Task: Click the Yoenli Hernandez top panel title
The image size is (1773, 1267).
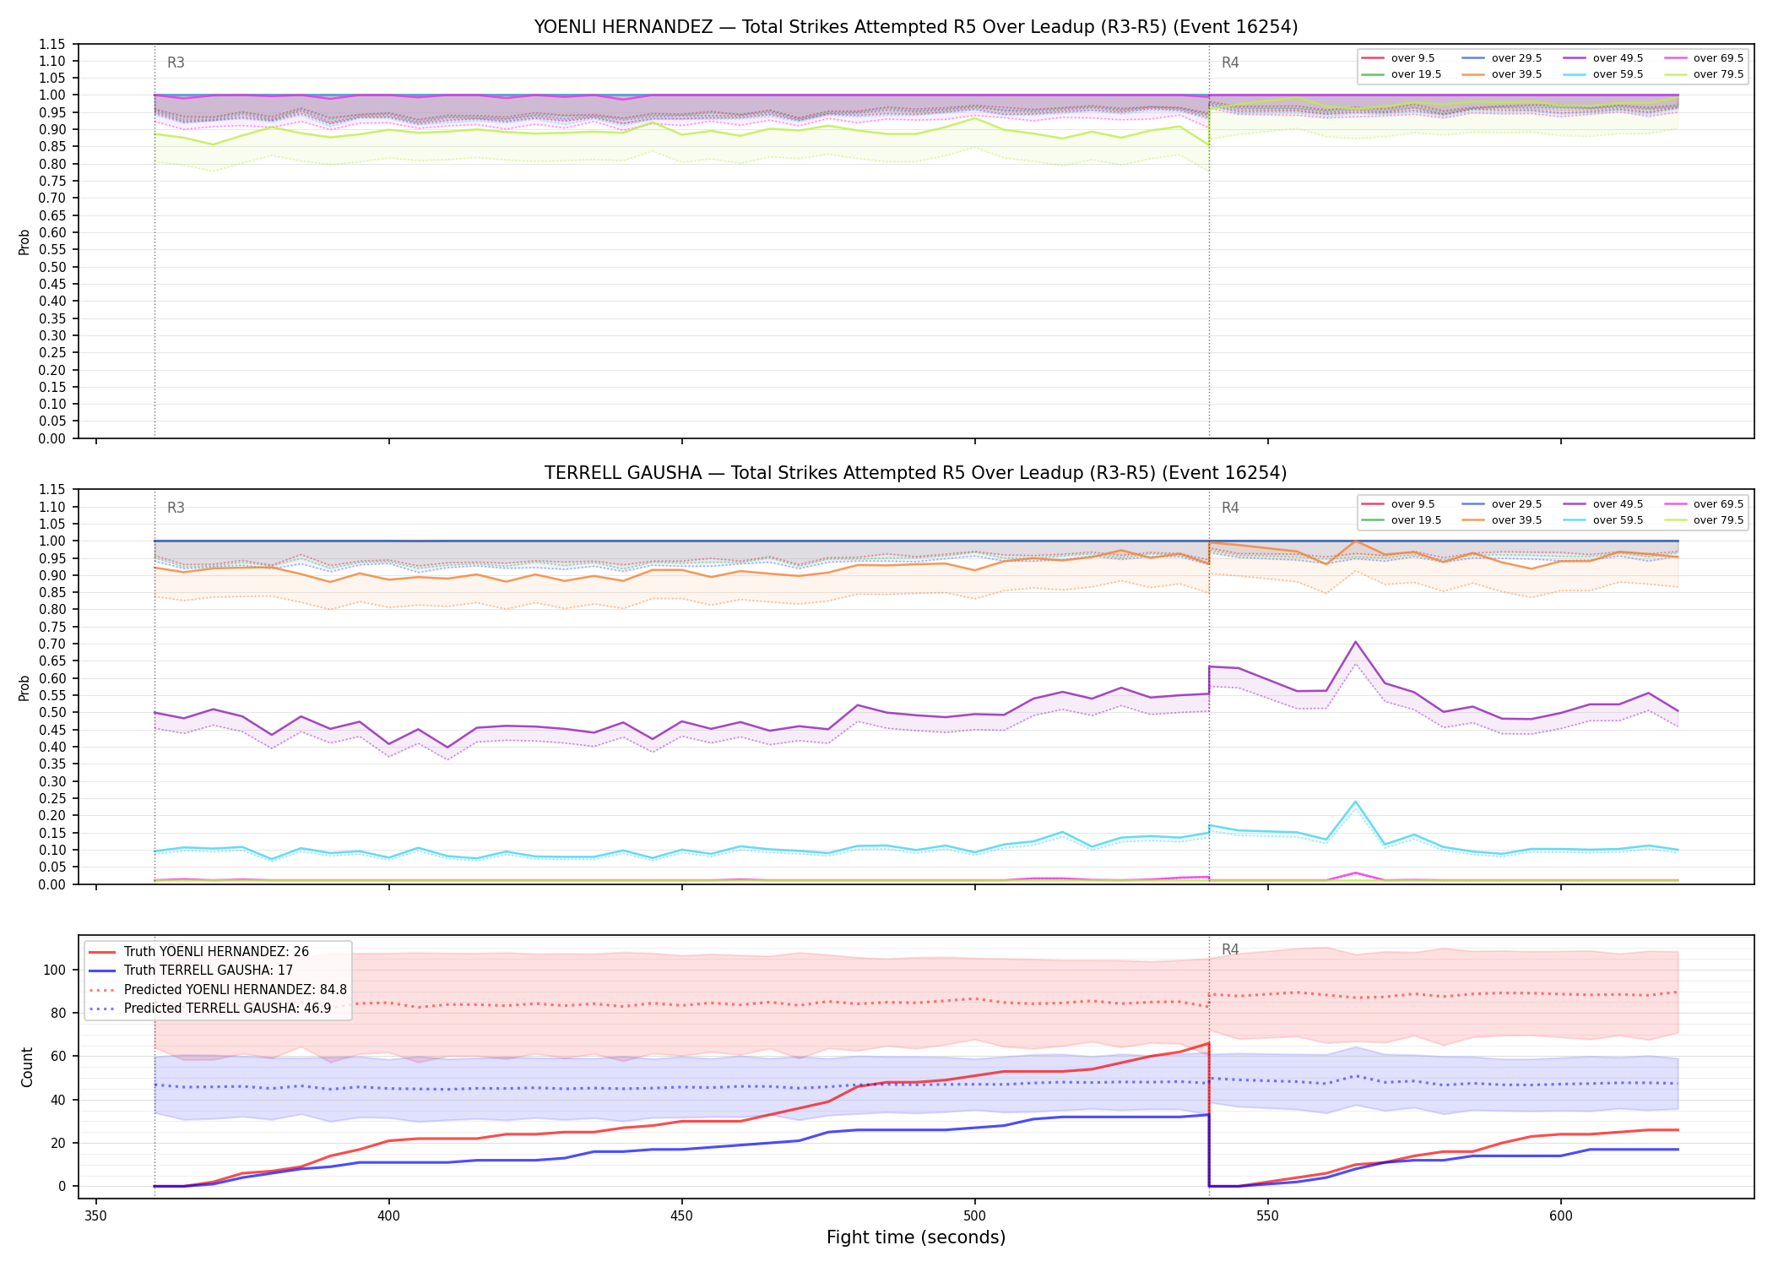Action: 916,27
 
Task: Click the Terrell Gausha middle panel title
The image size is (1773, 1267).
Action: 916,473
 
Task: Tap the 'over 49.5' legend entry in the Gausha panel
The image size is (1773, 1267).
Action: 1603,504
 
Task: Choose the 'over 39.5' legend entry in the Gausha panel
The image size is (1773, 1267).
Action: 1502,520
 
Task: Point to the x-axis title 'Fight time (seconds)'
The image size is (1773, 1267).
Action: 916,1237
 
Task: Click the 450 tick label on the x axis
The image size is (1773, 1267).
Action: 681,1215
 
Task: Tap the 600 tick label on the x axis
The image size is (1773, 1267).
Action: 1560,1215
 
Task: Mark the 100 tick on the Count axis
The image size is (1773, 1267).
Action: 54,970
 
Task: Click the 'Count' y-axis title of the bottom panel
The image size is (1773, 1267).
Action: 27,1067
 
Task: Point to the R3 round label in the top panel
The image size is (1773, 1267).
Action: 176,63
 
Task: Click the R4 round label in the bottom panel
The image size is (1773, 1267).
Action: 1230,949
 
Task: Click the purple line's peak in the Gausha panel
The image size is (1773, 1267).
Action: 1355,642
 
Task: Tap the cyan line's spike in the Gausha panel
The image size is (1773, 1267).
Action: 1355,802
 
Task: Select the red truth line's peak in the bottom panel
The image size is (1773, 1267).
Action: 1209,1043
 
